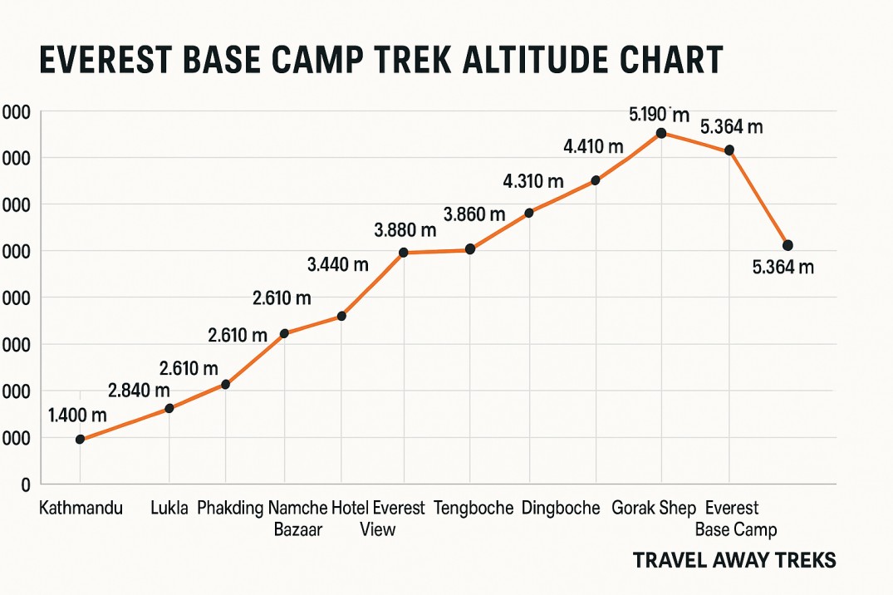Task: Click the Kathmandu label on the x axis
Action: point(81,508)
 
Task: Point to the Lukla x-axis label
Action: point(169,508)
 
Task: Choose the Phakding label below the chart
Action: point(231,508)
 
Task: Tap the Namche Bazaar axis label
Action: point(297,519)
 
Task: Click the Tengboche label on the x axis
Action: point(473,508)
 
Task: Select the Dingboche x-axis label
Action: point(561,508)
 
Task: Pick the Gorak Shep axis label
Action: point(654,508)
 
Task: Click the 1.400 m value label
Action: point(77,415)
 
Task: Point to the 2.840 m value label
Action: point(139,390)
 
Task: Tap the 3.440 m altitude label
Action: point(337,265)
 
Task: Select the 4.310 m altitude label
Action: point(532,180)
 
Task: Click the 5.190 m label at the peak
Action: point(660,114)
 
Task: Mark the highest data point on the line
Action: point(661,133)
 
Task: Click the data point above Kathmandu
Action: point(80,440)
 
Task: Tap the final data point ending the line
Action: point(788,245)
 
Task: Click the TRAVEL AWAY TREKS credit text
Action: point(734,560)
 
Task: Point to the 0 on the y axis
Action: point(26,484)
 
